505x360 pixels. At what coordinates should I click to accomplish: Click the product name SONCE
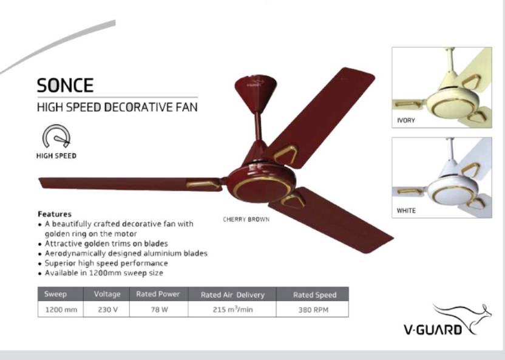tap(65, 85)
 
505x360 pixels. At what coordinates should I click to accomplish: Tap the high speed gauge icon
tap(56, 136)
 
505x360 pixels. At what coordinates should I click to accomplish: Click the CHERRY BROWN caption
tap(246, 220)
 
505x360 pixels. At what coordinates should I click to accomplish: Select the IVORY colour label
tap(406, 120)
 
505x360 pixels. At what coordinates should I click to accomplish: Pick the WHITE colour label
tap(406, 211)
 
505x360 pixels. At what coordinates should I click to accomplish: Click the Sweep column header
tap(55, 294)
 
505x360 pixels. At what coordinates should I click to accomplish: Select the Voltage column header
tap(107, 294)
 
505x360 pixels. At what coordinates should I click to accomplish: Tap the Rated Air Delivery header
tap(232, 295)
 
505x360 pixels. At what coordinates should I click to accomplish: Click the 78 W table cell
tap(160, 310)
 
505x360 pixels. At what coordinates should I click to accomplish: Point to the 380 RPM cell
tap(313, 310)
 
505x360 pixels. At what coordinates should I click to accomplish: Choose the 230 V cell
tap(108, 310)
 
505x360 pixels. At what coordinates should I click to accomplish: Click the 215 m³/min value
tap(232, 310)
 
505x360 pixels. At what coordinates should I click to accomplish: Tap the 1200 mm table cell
tap(61, 310)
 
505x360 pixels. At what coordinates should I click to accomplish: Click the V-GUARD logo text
tap(433, 330)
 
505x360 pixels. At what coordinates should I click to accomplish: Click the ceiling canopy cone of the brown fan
tap(256, 93)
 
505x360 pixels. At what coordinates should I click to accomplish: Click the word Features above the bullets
tap(55, 214)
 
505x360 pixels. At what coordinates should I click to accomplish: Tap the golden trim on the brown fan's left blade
tap(203, 185)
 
